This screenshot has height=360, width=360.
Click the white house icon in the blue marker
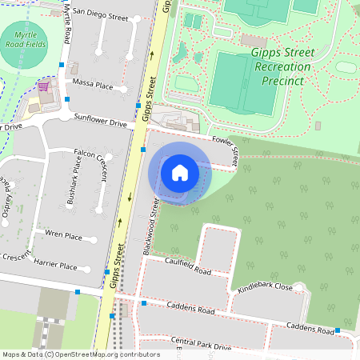point(180,172)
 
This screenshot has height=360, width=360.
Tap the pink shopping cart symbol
point(43,86)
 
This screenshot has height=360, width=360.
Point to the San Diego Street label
point(100,15)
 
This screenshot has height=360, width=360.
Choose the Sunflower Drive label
point(101,123)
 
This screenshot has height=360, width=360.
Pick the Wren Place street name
point(64,236)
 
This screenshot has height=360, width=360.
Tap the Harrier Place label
point(57,266)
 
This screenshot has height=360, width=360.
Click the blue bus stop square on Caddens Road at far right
point(338,330)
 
